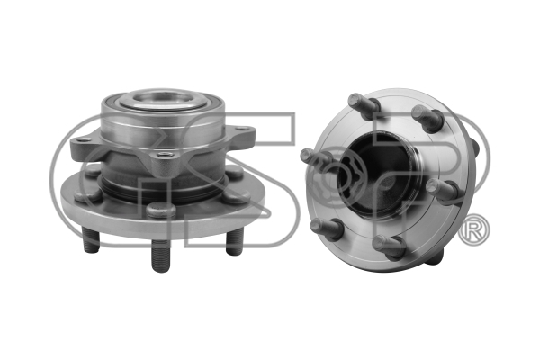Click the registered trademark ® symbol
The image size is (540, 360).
pyautogui.click(x=474, y=230)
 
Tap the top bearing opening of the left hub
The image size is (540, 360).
pyautogui.click(x=163, y=98)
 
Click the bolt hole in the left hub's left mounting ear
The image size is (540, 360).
pyautogui.click(x=84, y=139)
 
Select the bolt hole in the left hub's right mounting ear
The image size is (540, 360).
pyautogui.click(x=243, y=129)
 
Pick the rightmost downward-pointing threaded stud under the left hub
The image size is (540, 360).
pyautogui.click(x=235, y=242)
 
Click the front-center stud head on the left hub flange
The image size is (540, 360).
pyautogui.click(x=161, y=210)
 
